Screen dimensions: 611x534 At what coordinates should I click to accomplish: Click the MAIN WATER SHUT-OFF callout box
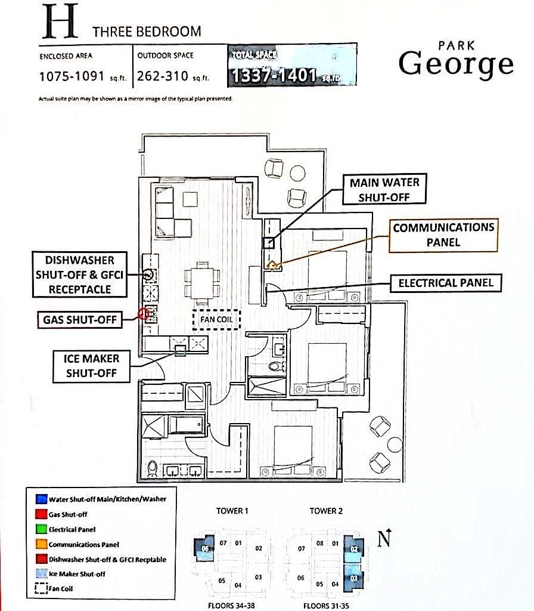(x=385, y=190)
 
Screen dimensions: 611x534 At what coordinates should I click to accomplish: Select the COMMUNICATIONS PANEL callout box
(x=443, y=235)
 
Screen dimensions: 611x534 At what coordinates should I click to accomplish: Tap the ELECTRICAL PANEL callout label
(x=446, y=283)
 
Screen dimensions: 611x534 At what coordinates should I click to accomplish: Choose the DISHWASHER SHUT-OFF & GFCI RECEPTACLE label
(x=79, y=274)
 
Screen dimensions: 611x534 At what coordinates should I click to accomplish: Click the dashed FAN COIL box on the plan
(x=216, y=320)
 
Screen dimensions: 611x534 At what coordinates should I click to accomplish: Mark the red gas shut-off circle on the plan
(x=143, y=313)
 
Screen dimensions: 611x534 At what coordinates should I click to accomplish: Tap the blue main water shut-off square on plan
(x=268, y=242)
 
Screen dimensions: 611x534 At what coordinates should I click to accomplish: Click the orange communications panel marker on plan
(x=273, y=264)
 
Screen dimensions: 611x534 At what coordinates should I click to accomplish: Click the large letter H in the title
(x=60, y=23)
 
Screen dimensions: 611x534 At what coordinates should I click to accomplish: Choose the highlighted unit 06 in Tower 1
(x=206, y=550)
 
